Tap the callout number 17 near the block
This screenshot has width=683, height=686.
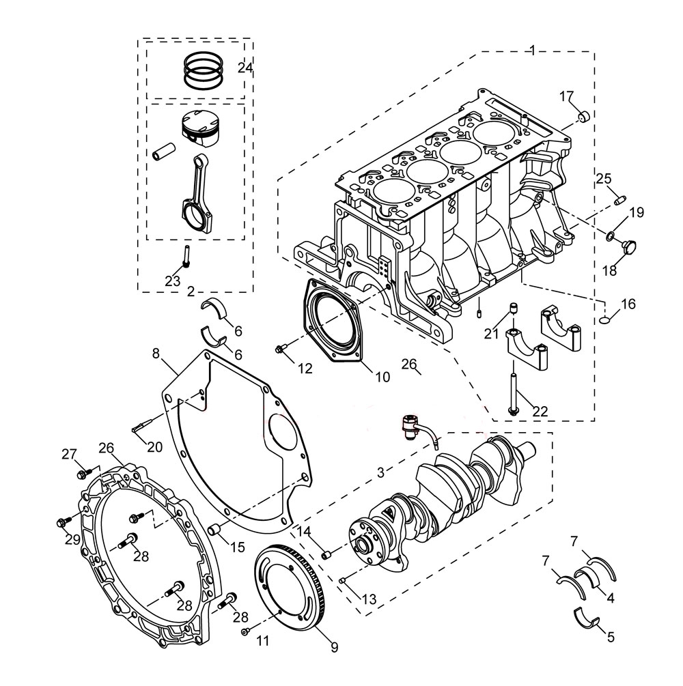[x=567, y=96]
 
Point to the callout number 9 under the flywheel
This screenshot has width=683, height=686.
[x=334, y=646]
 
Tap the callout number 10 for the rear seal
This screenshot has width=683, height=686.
[x=382, y=376]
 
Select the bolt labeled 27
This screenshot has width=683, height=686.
[x=83, y=471]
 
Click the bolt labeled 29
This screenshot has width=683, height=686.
[x=62, y=522]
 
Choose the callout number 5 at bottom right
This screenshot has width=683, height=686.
[x=610, y=637]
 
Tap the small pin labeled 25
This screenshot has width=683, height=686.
[x=619, y=200]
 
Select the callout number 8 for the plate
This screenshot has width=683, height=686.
[x=156, y=354]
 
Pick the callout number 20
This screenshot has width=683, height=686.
[x=154, y=447]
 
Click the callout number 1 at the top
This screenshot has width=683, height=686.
[x=533, y=50]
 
